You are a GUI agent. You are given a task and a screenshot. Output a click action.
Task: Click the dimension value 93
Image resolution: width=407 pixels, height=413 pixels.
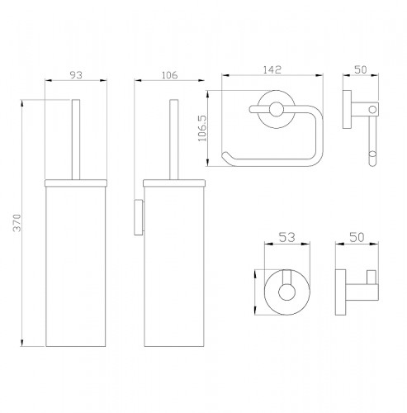(x=76, y=75)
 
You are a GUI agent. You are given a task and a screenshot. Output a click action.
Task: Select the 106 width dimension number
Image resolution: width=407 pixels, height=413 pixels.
(x=169, y=75)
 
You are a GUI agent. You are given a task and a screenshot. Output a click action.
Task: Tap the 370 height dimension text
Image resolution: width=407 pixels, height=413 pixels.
(x=17, y=223)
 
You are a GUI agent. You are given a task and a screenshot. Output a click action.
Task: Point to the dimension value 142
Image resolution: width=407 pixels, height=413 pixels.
(x=272, y=69)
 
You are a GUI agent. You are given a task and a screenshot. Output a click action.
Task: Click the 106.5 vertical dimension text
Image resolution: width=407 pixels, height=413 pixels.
(x=202, y=128)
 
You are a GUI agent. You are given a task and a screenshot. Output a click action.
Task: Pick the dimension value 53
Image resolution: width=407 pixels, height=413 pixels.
(x=286, y=237)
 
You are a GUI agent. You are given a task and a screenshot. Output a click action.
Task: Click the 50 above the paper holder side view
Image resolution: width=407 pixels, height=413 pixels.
(x=361, y=69)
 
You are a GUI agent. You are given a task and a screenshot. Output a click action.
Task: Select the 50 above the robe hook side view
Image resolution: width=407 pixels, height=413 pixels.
(x=357, y=237)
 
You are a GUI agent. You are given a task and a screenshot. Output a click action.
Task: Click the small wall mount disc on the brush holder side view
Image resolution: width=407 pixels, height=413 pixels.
(x=139, y=217)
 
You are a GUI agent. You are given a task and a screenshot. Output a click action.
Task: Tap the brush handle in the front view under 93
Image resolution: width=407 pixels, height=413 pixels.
(x=76, y=140)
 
